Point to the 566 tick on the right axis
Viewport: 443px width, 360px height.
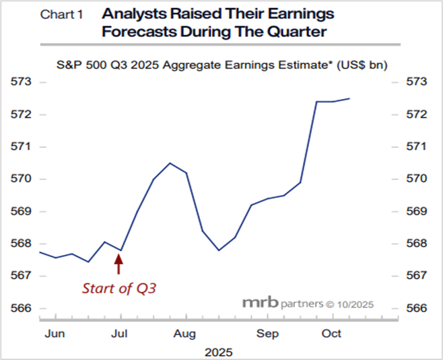point(417,308)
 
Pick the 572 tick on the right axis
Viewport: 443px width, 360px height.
point(417,114)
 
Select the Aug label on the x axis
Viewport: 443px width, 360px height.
point(184,334)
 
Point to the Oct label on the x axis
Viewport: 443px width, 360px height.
point(331,334)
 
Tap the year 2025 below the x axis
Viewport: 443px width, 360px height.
point(219,351)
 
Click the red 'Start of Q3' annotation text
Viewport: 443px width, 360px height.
point(119,289)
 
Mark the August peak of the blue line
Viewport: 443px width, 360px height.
point(170,163)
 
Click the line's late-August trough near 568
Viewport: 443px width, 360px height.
point(219,250)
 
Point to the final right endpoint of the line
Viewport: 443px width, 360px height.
point(349,99)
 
